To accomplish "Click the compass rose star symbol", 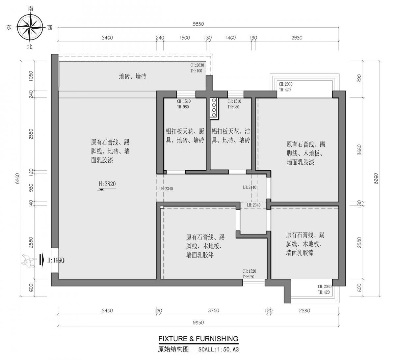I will click(x=30, y=28).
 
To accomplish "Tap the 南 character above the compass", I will click(x=30, y=9).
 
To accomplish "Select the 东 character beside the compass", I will click(x=9, y=28).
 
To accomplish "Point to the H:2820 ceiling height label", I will click(x=107, y=184).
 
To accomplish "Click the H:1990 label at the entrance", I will click(x=55, y=260).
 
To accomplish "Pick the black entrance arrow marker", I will click(x=41, y=259).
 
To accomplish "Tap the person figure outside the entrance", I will click(x=29, y=260).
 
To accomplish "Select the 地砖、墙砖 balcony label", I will click(x=132, y=76).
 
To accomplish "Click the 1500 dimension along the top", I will click(x=184, y=38).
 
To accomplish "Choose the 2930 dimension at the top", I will click(x=297, y=38).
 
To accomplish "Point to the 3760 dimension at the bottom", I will click(x=213, y=311).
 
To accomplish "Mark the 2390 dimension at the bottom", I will click(x=304, y=311).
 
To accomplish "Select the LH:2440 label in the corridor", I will click(x=250, y=187).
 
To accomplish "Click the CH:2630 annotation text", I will click(x=197, y=65).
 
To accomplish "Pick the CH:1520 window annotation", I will click(x=249, y=271).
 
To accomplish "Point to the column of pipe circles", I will click(x=214, y=108).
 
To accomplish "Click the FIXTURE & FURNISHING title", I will click(x=198, y=339).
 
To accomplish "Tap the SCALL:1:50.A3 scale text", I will click(x=218, y=350).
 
